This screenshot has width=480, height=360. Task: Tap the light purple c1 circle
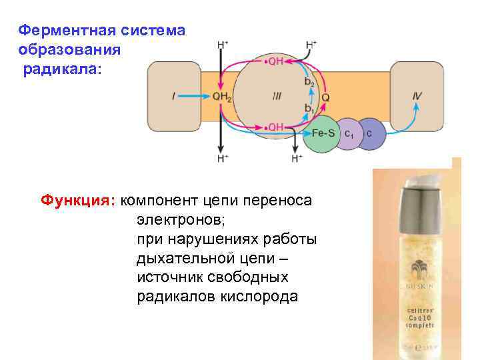pos(349,134)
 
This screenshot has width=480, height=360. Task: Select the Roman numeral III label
pos(277,96)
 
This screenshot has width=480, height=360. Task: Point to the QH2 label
pos(222,96)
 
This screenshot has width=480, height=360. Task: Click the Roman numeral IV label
pos(417,96)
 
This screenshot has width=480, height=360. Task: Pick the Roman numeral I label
pos(174,96)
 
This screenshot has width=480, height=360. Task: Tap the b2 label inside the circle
pos(309,81)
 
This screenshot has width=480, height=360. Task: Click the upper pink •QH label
pos(274,61)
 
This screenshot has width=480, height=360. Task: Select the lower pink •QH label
pos(274,126)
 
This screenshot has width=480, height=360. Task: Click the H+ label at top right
pos(311,45)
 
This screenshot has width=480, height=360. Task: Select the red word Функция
pos(79,199)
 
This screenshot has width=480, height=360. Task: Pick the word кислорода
pos(258,296)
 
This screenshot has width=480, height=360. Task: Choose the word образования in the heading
pos(69,50)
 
